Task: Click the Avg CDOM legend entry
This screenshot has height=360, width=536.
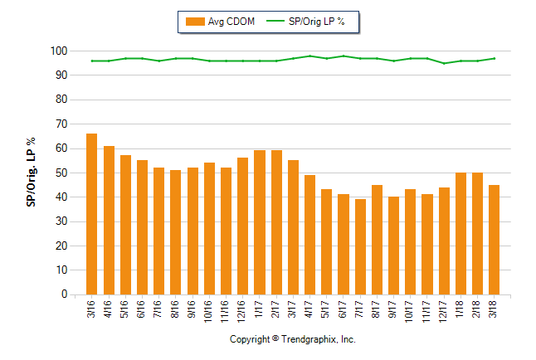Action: [x=220, y=21]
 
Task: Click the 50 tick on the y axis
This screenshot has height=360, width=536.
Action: [x=60, y=173]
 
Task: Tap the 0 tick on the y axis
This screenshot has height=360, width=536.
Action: [x=63, y=294]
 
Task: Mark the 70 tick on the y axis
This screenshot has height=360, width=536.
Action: [x=60, y=124]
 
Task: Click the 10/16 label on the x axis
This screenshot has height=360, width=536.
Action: [x=209, y=309]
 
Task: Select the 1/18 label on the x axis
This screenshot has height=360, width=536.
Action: [x=460, y=307]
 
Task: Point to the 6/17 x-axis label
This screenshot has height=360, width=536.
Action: [x=344, y=307]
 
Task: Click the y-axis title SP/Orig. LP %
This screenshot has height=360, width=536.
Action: [x=32, y=173]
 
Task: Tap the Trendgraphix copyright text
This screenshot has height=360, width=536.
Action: [x=292, y=340]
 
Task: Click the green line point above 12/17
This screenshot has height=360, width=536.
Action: [x=444, y=63]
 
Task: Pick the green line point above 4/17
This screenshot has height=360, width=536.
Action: [x=309, y=56]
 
